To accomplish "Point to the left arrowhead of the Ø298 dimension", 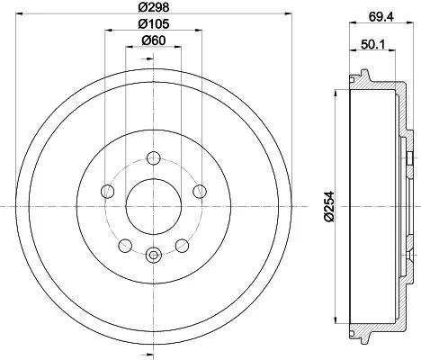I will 22,14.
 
